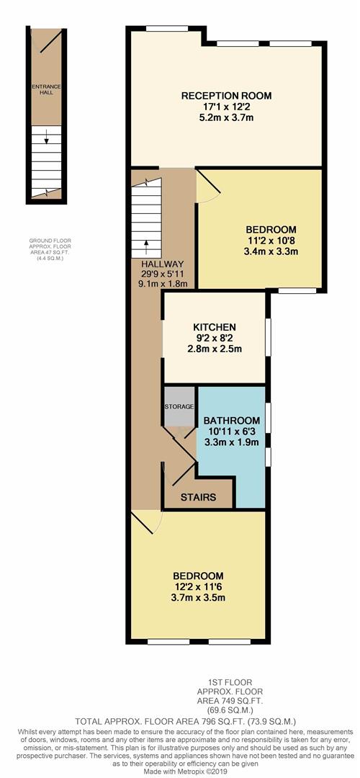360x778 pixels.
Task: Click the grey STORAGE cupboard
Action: coord(179,407)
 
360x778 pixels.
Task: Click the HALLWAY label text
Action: coord(163,264)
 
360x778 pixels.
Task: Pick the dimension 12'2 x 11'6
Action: coord(197,587)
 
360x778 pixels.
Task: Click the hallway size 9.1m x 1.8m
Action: coord(163,283)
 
